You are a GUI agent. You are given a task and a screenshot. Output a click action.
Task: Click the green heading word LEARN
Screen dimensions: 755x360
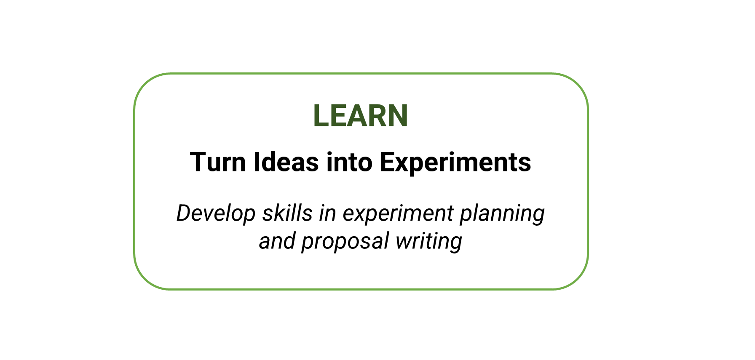pos(361,115)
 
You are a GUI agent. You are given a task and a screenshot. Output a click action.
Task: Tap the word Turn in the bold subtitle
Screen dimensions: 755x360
pos(218,162)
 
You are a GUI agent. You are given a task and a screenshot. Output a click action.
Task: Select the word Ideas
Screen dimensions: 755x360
pos(286,162)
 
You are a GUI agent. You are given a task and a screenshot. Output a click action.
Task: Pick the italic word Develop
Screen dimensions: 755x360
pos(216,213)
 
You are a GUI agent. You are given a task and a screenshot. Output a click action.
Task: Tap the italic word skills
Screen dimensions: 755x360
pos(287,213)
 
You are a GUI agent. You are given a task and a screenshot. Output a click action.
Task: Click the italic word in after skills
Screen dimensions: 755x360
pos(327,213)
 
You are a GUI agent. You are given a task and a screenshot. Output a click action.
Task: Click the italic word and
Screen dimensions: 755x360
pos(277,241)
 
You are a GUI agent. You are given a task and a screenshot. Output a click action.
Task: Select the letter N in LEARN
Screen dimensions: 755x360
pos(398,115)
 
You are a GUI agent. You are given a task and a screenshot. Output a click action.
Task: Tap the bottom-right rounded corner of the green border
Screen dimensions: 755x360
pos(577,279)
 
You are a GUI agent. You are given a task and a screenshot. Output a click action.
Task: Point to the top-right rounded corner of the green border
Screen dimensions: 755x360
pos(577,84)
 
